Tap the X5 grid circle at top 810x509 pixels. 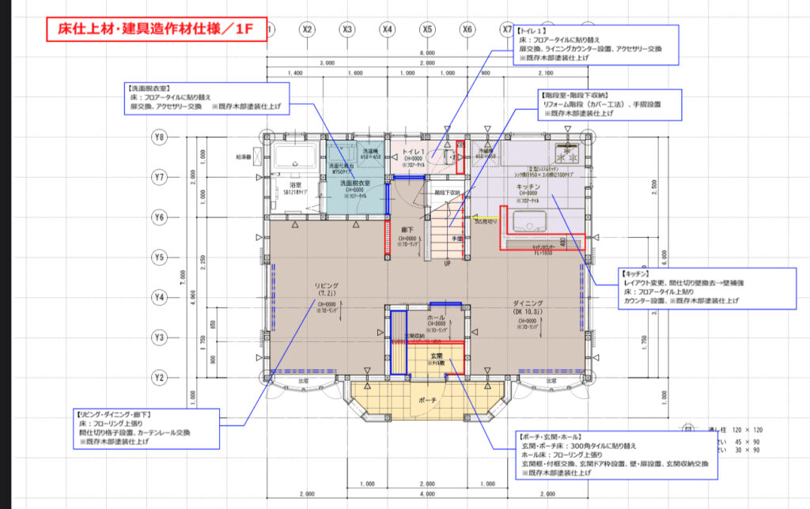click(x=427, y=30)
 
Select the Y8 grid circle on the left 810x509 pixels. click(x=159, y=137)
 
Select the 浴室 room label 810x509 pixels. click(x=290, y=184)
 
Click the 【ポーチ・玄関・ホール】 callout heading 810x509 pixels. click(x=551, y=437)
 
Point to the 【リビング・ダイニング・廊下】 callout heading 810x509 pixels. click(x=115, y=413)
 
